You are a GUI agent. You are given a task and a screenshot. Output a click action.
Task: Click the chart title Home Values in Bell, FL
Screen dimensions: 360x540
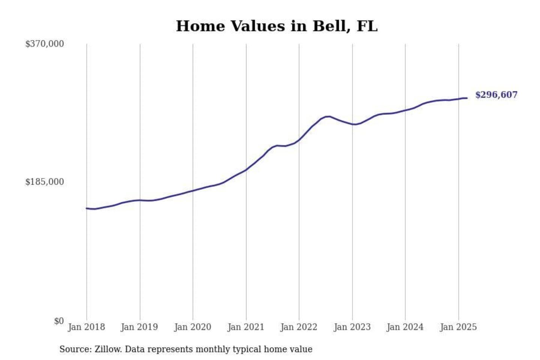277,26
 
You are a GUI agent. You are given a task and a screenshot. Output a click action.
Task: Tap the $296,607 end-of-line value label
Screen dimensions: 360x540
496,95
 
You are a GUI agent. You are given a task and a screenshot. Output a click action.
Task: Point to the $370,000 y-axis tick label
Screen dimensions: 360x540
45,44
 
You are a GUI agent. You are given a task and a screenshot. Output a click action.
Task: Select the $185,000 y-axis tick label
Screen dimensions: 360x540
45,182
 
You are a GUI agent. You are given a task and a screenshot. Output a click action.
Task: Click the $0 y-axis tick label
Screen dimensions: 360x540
59,321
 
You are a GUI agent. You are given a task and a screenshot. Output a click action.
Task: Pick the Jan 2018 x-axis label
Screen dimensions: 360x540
86,327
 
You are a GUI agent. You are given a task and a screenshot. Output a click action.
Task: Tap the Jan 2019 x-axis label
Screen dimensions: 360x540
139,327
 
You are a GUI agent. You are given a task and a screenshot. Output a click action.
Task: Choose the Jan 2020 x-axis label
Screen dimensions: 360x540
193,327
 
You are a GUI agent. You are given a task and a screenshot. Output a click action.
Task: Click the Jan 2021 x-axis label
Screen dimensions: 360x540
246,327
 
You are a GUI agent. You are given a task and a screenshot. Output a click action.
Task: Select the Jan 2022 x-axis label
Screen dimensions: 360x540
299,327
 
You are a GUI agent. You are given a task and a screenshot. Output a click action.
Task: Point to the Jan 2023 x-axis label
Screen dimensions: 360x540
352,327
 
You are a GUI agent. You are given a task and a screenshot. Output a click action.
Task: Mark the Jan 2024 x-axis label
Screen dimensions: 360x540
405,327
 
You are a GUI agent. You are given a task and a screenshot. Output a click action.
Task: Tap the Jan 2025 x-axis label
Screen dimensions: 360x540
458,327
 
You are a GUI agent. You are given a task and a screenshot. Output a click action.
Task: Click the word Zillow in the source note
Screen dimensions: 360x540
108,349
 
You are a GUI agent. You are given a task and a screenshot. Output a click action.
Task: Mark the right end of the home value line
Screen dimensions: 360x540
466,98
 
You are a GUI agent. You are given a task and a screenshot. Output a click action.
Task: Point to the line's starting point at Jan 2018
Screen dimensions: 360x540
87,208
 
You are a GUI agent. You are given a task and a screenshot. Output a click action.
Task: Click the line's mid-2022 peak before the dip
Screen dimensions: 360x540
328,116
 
